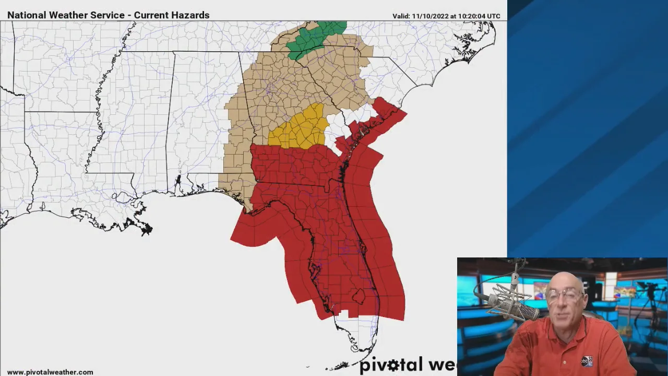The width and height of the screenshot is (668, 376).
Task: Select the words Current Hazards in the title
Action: pyautogui.click(x=172, y=15)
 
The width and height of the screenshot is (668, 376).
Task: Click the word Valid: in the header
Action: pyautogui.click(x=401, y=16)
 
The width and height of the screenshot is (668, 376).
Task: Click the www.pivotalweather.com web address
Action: pyautogui.click(x=50, y=372)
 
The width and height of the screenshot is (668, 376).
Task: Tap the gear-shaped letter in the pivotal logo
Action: pyautogui.click(x=393, y=365)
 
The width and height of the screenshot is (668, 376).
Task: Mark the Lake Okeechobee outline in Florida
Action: pyautogui.click(x=358, y=297)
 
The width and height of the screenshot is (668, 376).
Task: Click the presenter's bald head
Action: pyautogui.click(x=564, y=279)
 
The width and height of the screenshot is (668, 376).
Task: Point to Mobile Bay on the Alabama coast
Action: pyautogui.click(x=178, y=183)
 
